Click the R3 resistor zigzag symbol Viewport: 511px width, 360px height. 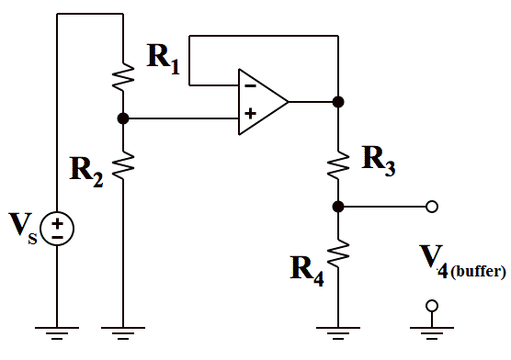(338, 163)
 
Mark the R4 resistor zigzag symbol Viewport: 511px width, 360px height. (338, 252)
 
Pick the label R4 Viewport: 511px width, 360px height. (307, 267)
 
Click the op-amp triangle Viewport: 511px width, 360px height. (262, 101)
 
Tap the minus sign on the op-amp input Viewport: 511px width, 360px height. (248, 86)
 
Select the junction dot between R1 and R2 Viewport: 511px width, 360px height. (122, 118)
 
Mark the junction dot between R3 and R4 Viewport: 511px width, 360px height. (338, 207)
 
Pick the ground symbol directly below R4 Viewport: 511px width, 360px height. (338, 333)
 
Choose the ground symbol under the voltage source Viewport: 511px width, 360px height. (57, 333)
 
